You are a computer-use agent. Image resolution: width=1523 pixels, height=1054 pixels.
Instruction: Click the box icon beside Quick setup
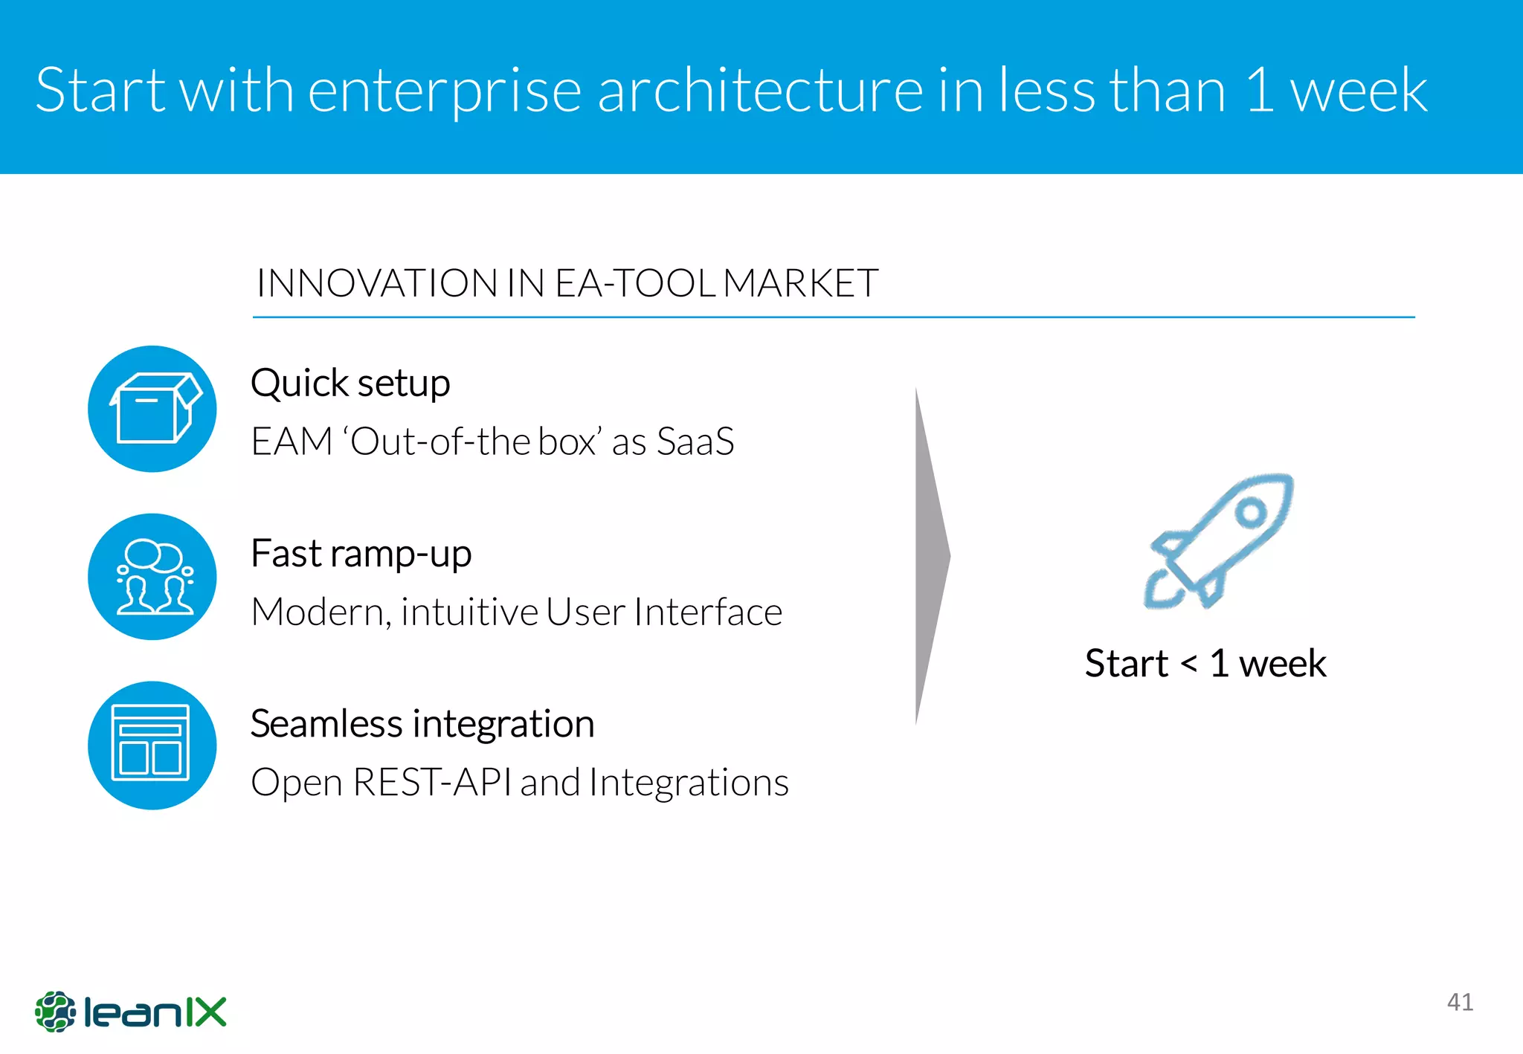152,409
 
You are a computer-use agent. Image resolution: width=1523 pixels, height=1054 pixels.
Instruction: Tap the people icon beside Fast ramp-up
152,577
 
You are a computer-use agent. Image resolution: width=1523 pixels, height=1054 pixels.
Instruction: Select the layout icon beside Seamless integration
152,745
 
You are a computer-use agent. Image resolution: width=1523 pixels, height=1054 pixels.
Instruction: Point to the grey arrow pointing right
930,556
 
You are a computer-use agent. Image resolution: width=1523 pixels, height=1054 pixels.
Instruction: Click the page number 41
1460,1002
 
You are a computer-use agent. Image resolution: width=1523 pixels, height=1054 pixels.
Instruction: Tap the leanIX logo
131,1012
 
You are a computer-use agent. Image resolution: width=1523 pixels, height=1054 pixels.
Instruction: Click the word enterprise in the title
444,91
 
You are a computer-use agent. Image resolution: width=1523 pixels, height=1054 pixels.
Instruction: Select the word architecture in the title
760,91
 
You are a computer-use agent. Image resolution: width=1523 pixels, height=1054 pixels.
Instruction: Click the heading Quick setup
350,384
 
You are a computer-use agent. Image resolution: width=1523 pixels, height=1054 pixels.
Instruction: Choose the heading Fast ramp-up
361,555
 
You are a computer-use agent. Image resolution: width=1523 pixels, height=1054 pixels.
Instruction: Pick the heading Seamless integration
422,724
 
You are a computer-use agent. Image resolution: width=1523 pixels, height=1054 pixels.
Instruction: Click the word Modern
321,612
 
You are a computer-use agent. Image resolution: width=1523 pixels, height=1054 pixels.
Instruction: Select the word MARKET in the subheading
801,283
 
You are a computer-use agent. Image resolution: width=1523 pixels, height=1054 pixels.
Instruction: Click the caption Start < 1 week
1205,663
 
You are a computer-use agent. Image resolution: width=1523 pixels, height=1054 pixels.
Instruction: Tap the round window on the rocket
1252,512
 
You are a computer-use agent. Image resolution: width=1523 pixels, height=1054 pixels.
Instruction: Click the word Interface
708,612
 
